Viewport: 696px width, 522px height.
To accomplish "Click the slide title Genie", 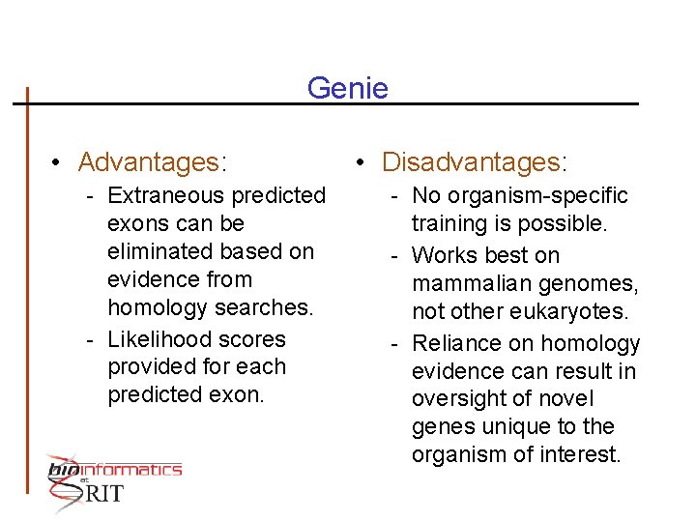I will click(347, 89).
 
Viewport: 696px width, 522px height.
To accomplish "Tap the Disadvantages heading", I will click(474, 160).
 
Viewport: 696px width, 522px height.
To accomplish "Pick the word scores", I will click(256, 339).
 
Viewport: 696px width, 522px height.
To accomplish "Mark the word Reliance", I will click(451, 343).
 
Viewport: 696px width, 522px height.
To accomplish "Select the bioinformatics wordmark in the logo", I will click(115, 470).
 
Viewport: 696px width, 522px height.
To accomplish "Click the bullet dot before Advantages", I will click(59, 161).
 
